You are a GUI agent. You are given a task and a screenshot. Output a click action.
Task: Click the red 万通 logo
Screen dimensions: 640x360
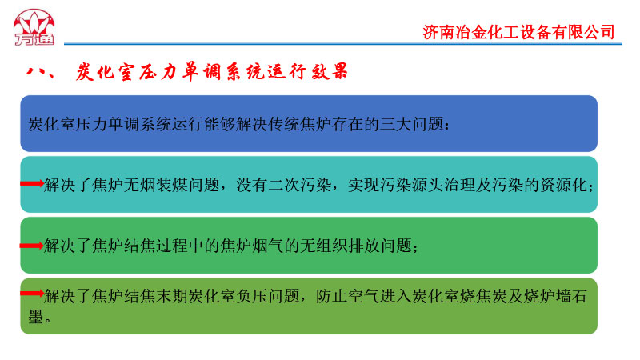pos(34,27)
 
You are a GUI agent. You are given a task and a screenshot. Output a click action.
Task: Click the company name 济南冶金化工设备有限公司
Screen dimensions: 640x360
pos(518,32)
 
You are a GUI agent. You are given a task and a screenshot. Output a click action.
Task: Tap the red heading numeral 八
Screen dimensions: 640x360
pos(34,72)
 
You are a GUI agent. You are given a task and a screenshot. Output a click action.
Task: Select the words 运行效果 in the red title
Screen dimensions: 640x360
pos(306,72)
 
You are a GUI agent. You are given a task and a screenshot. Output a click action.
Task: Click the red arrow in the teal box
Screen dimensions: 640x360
pos(32,184)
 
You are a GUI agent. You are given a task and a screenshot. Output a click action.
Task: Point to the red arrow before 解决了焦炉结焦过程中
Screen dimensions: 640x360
pos(32,246)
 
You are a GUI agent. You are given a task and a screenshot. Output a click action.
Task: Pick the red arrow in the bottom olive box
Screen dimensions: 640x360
pos(32,293)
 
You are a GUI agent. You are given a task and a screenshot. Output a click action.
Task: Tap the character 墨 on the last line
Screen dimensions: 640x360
pos(36,316)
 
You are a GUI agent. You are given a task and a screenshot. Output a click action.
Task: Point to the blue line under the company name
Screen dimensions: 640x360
pos(343,44)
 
